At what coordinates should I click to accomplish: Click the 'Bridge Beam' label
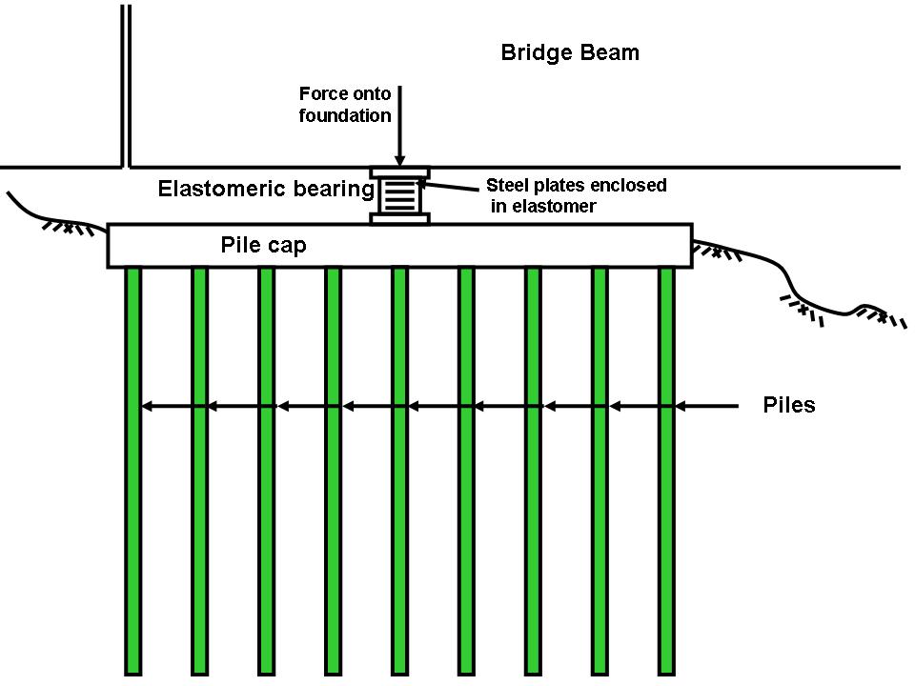[x=570, y=53]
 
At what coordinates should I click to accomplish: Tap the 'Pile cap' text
[x=264, y=246]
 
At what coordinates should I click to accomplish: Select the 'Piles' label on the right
[x=789, y=405]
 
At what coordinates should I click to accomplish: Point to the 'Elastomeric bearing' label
[x=265, y=189]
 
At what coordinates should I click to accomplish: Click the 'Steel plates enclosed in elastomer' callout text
[x=576, y=194]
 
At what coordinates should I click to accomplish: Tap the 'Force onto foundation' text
[x=345, y=105]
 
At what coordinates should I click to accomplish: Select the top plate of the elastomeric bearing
[x=400, y=172]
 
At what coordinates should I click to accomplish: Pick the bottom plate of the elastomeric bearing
[x=400, y=219]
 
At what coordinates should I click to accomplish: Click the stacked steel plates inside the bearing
[x=400, y=196]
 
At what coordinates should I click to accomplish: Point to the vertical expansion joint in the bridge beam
[x=126, y=86]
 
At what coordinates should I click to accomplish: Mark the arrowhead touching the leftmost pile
[x=147, y=407]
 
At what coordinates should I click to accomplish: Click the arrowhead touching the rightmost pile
[x=681, y=407]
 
